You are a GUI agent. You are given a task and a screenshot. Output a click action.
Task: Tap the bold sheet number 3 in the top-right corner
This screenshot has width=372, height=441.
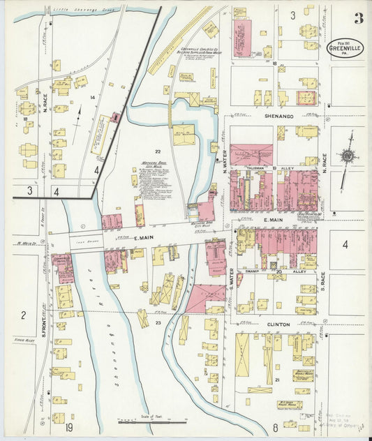[x=358, y=17]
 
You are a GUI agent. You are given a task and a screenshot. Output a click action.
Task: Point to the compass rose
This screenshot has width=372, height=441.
[x=346, y=156]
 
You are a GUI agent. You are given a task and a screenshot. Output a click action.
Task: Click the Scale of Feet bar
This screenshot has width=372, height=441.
[x=152, y=421]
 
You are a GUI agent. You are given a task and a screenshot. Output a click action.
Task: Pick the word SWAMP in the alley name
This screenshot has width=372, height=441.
[x=253, y=270]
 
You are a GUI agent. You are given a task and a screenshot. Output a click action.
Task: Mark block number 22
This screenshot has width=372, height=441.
[x=158, y=151]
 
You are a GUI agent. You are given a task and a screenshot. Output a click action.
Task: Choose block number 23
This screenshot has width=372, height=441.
[x=158, y=323]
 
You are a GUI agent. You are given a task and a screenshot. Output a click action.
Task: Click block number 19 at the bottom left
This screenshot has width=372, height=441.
[x=69, y=426]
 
